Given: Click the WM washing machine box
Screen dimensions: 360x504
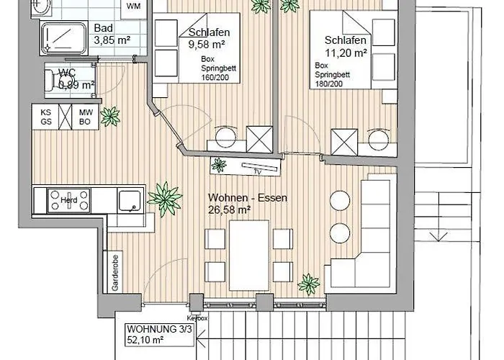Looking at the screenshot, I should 133,6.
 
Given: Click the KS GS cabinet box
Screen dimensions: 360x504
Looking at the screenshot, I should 45,117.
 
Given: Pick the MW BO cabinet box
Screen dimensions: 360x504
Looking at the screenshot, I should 86,117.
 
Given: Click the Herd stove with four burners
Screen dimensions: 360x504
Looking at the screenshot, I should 68,199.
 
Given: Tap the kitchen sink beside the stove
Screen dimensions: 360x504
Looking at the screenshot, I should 130,199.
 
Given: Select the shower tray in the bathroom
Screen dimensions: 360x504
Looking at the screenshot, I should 63,36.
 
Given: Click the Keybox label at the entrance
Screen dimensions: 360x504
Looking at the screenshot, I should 196,317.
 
